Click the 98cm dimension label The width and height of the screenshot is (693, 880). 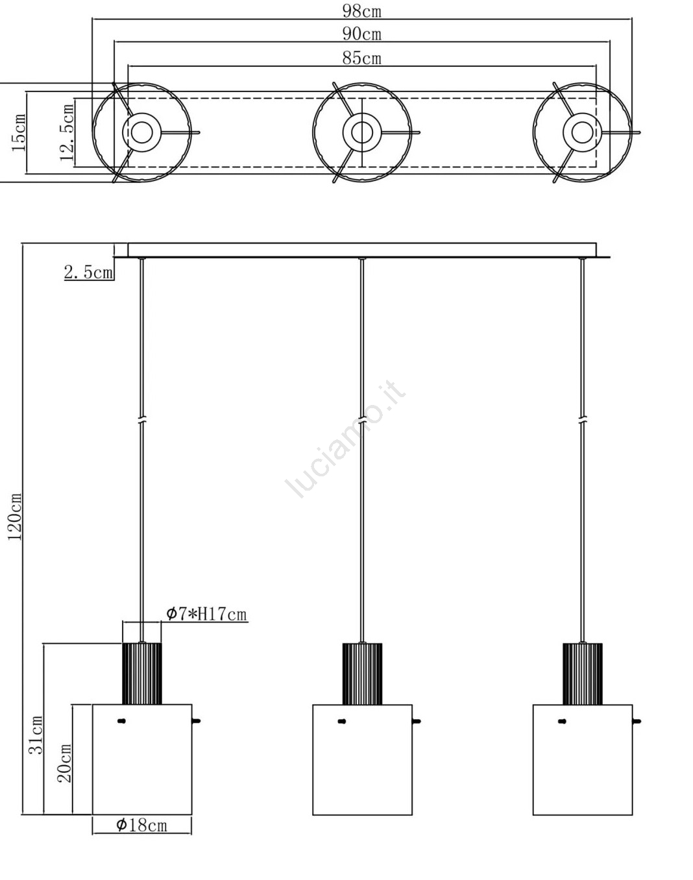click(x=362, y=10)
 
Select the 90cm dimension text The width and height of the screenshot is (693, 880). click(x=362, y=34)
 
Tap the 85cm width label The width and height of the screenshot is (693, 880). click(x=362, y=58)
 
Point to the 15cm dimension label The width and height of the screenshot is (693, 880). click(x=19, y=133)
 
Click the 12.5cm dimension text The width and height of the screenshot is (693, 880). click(x=67, y=132)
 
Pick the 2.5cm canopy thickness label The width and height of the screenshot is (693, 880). click(x=88, y=273)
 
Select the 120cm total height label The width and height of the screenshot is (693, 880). click(x=15, y=517)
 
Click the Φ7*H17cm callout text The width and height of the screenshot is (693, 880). click(x=206, y=614)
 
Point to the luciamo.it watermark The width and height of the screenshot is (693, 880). click(x=345, y=439)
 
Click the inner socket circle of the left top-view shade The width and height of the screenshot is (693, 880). click(x=142, y=132)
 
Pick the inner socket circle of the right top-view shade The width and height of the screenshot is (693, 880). click(x=582, y=132)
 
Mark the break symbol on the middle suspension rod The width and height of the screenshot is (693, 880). click(x=362, y=420)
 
